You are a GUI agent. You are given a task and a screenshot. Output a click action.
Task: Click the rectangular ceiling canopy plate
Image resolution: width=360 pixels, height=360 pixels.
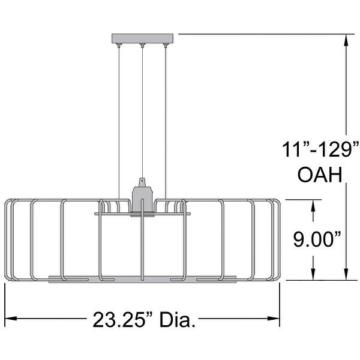click(143, 38)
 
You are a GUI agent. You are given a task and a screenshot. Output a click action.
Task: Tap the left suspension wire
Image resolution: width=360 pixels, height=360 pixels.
click(119, 120)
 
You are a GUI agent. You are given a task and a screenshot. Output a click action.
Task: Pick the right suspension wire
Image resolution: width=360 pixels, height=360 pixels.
click(166, 120)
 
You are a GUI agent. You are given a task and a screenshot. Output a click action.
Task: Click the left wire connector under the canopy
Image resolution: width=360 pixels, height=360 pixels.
click(119, 45)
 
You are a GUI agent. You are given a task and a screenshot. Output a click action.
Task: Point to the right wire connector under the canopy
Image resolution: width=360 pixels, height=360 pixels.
click(166, 45)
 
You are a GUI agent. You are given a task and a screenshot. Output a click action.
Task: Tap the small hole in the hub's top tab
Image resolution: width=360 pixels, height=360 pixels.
click(142, 181)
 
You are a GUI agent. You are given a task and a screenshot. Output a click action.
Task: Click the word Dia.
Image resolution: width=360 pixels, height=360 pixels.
click(178, 319)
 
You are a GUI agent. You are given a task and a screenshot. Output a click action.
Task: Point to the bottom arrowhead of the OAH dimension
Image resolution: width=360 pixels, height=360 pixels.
click(347, 275)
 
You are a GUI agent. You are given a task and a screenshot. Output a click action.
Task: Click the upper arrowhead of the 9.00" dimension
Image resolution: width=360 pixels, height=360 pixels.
click(313, 205)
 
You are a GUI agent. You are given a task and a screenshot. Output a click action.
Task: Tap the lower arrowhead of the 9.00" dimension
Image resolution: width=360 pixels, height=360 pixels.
click(313, 275)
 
